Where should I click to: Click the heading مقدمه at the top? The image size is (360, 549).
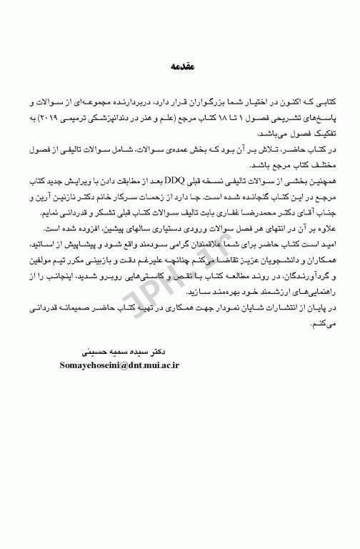[180, 67]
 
